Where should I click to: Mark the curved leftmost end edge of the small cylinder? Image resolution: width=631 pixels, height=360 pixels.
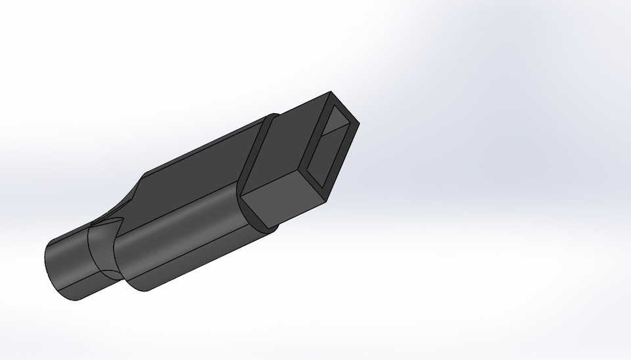point(47,269)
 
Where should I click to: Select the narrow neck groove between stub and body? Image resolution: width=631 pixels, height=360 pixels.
point(102,253)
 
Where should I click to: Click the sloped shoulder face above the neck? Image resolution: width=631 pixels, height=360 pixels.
point(125,204)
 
